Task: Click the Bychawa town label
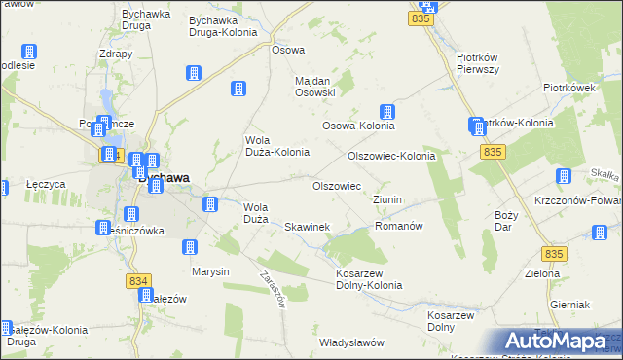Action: coord(164,178)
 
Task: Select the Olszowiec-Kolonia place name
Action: coord(391,156)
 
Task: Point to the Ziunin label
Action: coord(387,199)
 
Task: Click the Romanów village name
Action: coord(398,226)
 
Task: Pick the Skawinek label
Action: coord(307,227)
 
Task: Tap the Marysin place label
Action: coord(210,271)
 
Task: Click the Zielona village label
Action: coord(543,273)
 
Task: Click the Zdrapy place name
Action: coord(116,54)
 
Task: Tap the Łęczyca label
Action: coord(46,183)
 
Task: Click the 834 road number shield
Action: coord(137,280)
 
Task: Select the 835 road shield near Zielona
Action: coord(555,253)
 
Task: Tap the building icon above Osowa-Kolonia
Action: coord(387,112)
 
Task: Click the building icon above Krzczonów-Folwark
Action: coord(563,176)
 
